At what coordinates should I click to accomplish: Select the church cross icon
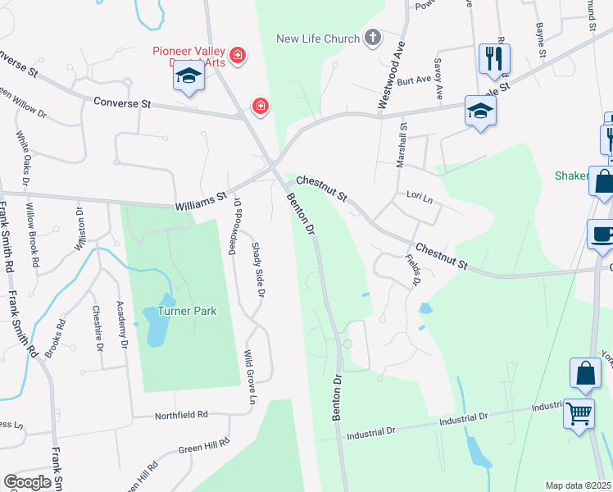coord(373,38)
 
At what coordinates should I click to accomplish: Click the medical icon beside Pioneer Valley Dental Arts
coord(238,56)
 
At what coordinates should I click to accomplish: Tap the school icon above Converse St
coord(188,77)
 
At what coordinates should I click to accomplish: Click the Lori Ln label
coord(419,195)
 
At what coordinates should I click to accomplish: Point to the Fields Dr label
coord(413,270)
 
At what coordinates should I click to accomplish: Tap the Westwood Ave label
coord(391,75)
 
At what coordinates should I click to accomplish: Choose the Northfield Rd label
coord(181,416)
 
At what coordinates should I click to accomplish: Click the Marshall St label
coord(402,145)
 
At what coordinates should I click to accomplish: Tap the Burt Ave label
coord(414,80)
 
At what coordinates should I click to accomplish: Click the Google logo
coord(27,482)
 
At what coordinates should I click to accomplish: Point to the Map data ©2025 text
coord(579,485)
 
